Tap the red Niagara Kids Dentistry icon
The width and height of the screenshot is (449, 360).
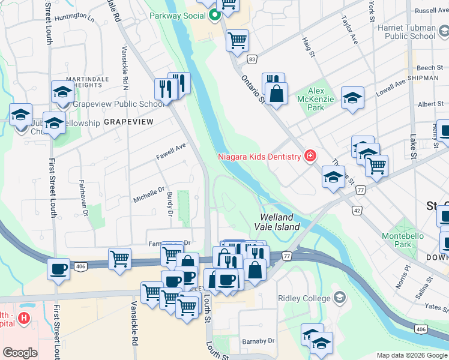pyautogui.click(x=310, y=157)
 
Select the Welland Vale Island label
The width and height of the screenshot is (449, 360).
pyautogui.click(x=279, y=222)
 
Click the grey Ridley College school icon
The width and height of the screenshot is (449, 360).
pyautogui.click(x=340, y=298)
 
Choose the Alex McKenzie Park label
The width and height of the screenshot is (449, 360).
pyautogui.click(x=316, y=98)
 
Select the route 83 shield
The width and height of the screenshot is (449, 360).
pyautogui.click(x=252, y=59)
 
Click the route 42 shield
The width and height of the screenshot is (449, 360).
pyautogui.click(x=357, y=211)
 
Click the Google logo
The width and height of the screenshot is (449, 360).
pyautogui.click(x=20, y=352)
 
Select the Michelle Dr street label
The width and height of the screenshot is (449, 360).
pyautogui.click(x=149, y=194)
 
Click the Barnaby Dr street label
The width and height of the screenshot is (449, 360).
pyautogui.click(x=259, y=341)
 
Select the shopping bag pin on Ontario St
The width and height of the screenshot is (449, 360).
pyautogui.click(x=276, y=95)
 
